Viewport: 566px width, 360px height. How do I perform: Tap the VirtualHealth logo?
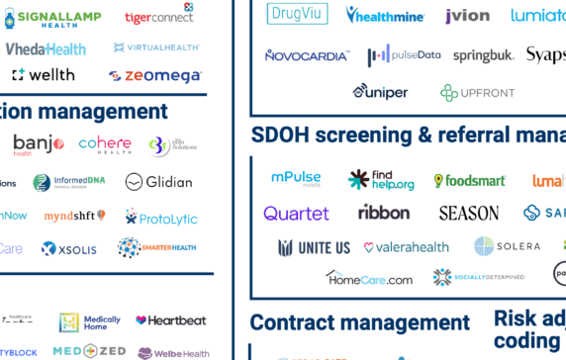point(157,46)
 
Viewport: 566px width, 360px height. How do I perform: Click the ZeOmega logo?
point(155,75)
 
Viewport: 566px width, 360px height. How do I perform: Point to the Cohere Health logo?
point(104,144)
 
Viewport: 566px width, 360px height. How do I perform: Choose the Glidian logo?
point(158,182)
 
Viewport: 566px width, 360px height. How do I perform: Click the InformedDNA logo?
point(69,182)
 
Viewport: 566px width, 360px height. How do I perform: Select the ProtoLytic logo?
point(161,216)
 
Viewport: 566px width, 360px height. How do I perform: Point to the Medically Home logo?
point(90,321)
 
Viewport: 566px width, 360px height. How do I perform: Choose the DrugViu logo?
point(298,14)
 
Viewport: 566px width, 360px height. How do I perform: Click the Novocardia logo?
point(306,55)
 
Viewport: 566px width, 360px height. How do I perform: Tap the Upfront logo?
point(478,92)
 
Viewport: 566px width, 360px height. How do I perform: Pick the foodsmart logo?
point(470,181)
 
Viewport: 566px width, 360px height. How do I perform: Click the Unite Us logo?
point(314,247)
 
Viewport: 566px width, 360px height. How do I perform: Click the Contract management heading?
point(359,322)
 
